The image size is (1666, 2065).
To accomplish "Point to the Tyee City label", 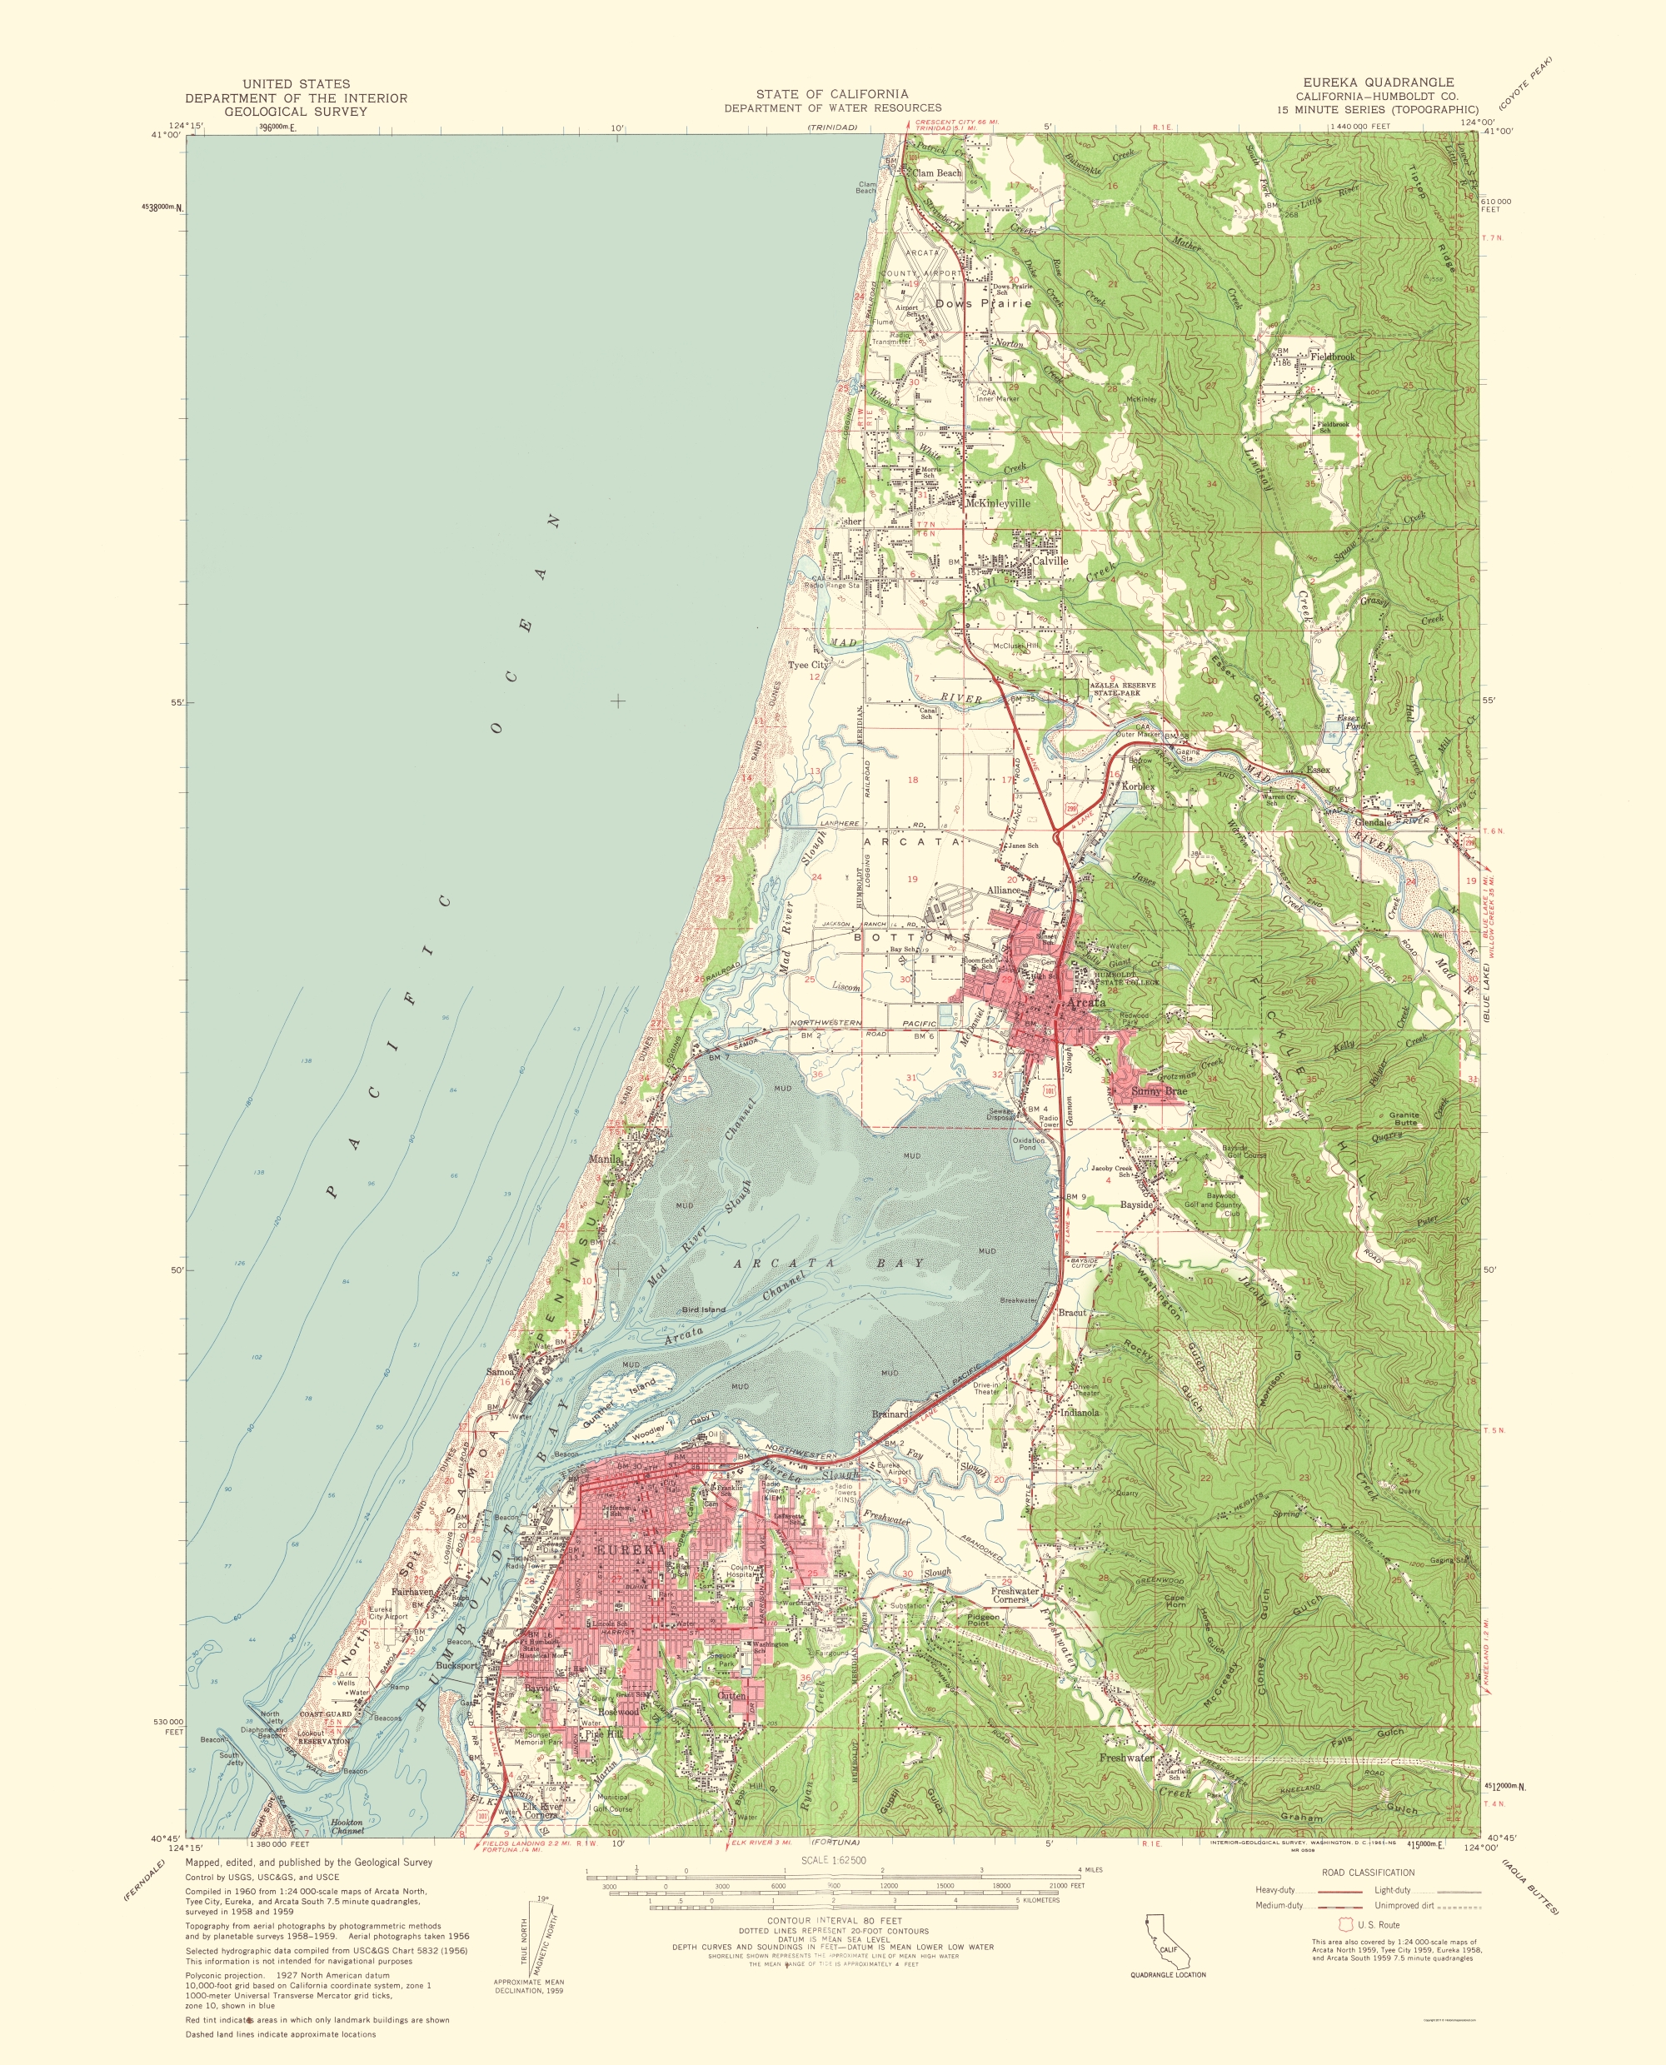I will pyautogui.click(x=807, y=664).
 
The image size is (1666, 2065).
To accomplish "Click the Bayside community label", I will pyautogui.click(x=1136, y=1205).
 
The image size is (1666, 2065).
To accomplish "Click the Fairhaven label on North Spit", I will pyautogui.click(x=414, y=1591).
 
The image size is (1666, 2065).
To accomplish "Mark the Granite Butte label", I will pyautogui.click(x=1404, y=1119).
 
